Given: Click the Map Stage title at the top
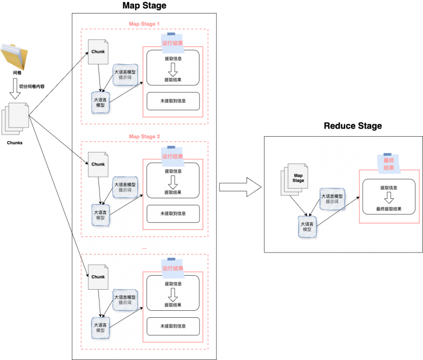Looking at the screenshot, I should (x=144, y=6).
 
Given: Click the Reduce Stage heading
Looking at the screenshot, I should (x=353, y=126).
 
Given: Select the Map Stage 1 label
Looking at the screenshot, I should (x=144, y=24).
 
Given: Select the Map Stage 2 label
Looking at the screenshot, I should (x=144, y=136).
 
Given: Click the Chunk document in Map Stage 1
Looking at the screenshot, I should (x=98, y=53).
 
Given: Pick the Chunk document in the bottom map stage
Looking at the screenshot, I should (x=98, y=278).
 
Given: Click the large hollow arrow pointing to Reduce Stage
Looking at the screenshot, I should (x=240, y=187).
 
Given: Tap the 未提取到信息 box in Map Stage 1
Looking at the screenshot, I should (x=173, y=101).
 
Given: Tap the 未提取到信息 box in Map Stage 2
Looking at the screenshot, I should (x=173, y=214).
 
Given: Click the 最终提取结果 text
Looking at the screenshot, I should (x=389, y=208).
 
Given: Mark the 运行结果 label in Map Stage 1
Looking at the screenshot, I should (x=173, y=43).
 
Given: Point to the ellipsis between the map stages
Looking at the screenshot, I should (x=144, y=248).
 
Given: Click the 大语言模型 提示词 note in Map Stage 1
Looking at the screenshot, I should (x=125, y=74).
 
